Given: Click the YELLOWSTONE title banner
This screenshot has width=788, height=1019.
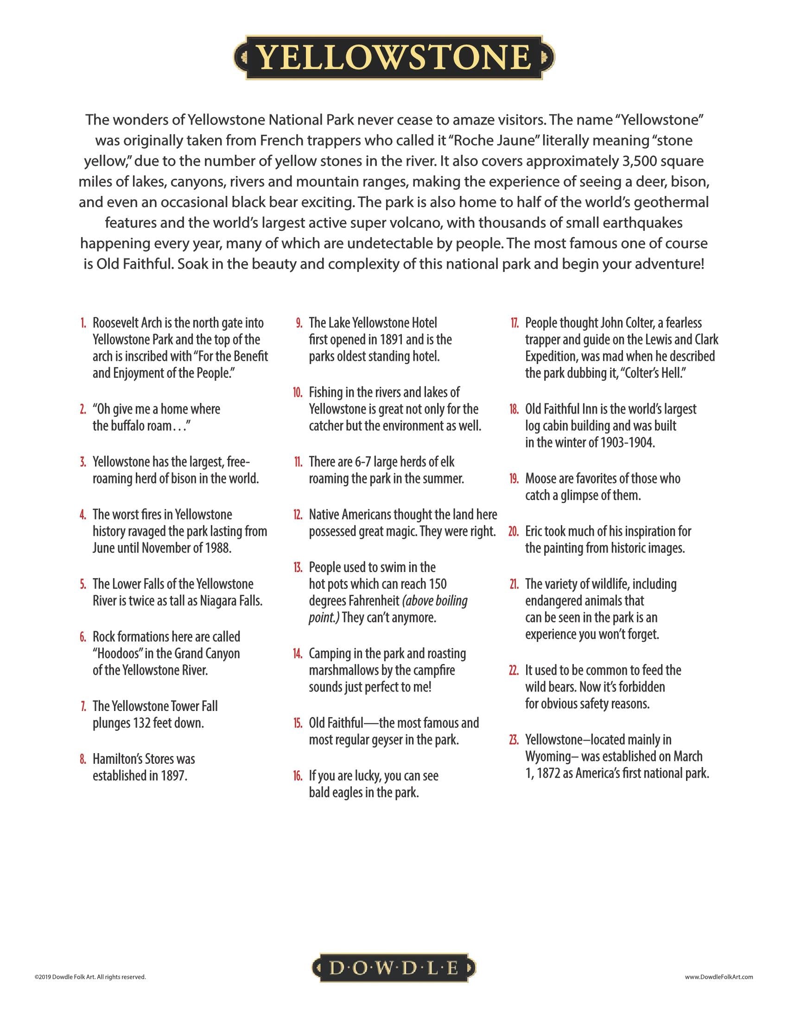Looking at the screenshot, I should [x=394, y=57].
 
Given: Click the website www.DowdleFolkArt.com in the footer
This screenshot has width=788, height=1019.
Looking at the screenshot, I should [x=719, y=976].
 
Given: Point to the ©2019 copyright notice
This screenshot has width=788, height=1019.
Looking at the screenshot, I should [x=90, y=976].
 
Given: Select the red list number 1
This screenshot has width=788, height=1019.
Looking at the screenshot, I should [x=83, y=323].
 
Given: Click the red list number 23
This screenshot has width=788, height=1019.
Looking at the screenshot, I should [x=514, y=740].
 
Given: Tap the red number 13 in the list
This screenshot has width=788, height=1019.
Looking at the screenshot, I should [x=298, y=567].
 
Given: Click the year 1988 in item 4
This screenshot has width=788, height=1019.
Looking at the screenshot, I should [x=218, y=548].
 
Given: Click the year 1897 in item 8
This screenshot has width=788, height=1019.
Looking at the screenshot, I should [x=174, y=775].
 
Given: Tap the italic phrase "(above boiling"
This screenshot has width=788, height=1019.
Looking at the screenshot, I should [x=435, y=601].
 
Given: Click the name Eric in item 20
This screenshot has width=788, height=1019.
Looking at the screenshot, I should [x=536, y=531].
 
